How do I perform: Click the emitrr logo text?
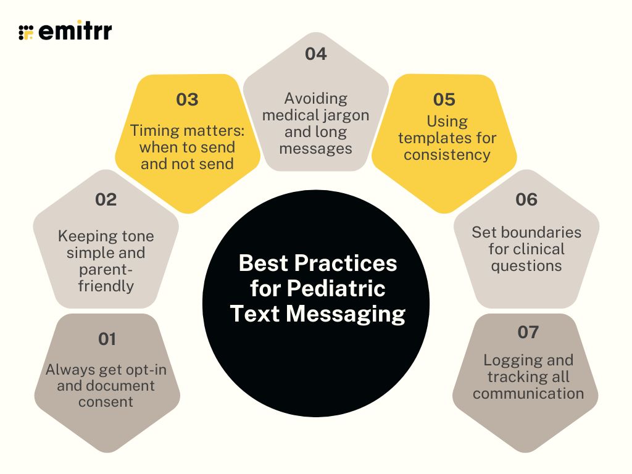tap(75, 31)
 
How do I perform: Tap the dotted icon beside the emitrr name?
tap(26, 32)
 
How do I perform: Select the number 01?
tap(107, 339)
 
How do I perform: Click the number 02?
tap(106, 200)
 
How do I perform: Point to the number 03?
tap(187, 100)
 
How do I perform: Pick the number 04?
tap(315, 54)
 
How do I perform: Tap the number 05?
tap(444, 100)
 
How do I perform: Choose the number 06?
tap(526, 200)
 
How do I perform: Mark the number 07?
tap(528, 333)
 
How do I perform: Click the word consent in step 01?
tap(106, 402)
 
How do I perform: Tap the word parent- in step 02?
tap(106, 269)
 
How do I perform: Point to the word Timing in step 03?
tap(155, 130)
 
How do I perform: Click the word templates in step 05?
tap(447, 137)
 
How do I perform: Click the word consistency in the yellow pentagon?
tap(447, 154)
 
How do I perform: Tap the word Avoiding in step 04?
tap(316, 99)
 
